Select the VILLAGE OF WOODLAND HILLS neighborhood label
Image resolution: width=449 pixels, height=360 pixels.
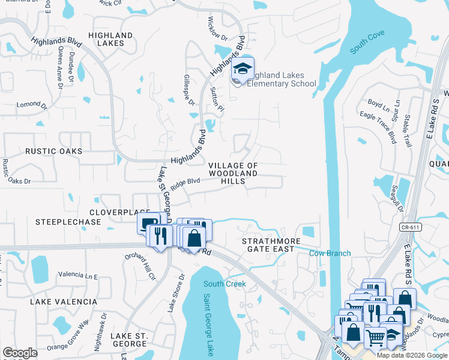click(233, 173)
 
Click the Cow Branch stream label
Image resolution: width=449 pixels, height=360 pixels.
click(330, 253)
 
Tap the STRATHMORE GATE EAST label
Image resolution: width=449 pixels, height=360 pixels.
click(268, 245)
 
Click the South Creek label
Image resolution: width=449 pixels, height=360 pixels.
click(224, 284)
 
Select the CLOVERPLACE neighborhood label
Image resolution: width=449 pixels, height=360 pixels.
click(119, 212)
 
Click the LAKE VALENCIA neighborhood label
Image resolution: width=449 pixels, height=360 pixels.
click(63, 302)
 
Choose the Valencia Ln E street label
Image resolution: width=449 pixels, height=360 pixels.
click(78, 276)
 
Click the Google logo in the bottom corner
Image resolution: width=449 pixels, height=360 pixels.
click(20, 353)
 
